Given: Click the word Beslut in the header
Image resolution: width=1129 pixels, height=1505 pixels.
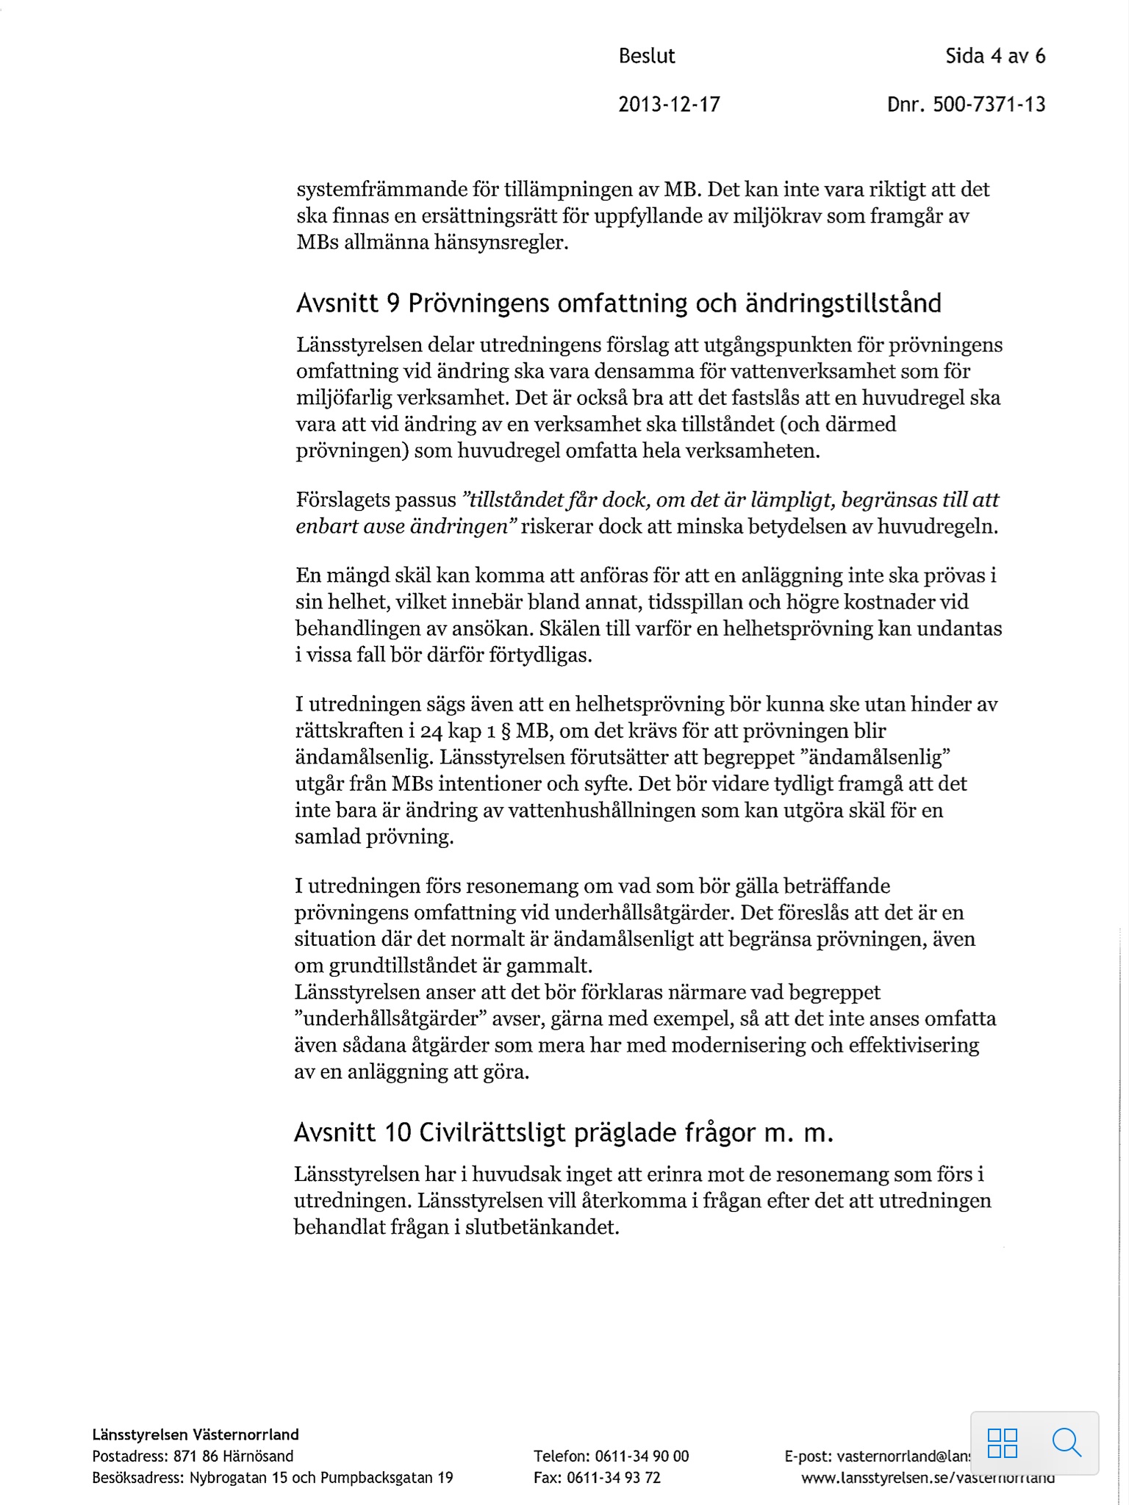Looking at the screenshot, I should coord(646,57).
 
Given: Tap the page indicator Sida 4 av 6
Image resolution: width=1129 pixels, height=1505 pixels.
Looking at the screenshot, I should coord(995,57).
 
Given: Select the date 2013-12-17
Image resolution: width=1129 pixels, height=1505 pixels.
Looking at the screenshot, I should coord(669,104).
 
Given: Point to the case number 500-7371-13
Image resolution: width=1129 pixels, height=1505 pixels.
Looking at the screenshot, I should coord(989,104).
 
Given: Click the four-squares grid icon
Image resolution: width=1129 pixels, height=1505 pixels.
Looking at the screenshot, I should coord(1003,1443).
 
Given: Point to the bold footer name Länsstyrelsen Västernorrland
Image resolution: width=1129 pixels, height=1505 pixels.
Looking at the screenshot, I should coord(196,1434).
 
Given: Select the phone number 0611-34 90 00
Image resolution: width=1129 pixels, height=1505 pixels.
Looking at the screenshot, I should coord(642,1456).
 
